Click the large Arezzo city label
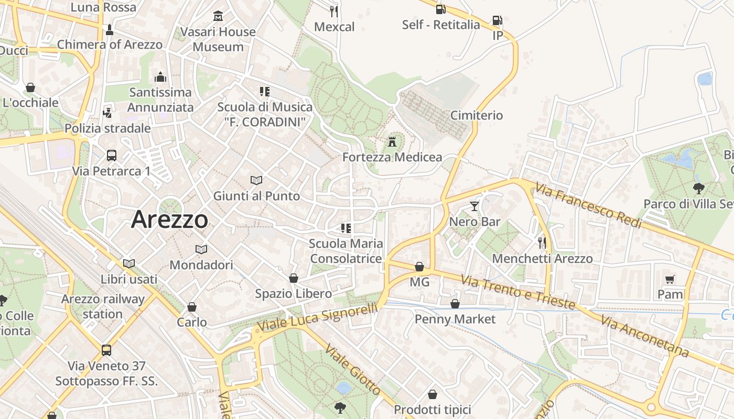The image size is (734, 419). pos(169,219)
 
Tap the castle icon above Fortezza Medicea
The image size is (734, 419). pos(392,141)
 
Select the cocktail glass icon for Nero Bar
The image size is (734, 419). pos(474,206)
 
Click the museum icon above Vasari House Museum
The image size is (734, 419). pos(218,16)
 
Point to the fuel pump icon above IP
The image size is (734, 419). pos(497,20)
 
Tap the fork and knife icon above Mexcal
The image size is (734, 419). pos(334,11)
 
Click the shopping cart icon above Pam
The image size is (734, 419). pos(670,279)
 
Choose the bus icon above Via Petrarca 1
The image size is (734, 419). pos(112,155)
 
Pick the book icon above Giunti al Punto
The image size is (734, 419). pos(256,181)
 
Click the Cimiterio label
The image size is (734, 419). pos(477,115)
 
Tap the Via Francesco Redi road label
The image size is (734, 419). pos(589,205)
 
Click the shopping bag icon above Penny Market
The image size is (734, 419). pos(455,304)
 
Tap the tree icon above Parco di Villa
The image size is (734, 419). pos(698,189)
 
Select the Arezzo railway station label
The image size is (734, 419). pos(103,306)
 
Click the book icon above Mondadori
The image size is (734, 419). pos(201,249)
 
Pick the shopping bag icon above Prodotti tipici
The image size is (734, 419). pos(433,394)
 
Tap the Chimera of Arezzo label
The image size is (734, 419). pos(110,45)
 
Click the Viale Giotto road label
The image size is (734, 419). pos(352,369)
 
